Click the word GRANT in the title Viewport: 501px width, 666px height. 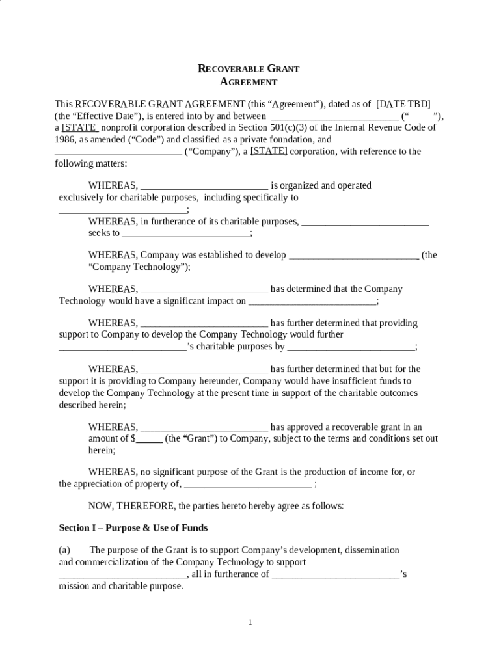click(x=283, y=68)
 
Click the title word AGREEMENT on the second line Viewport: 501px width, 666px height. click(x=249, y=82)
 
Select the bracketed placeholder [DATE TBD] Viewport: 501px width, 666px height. click(x=403, y=104)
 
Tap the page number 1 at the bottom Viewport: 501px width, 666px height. click(x=250, y=622)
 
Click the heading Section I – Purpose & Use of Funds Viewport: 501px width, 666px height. click(x=133, y=527)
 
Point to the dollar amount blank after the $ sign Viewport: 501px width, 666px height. click(x=149, y=439)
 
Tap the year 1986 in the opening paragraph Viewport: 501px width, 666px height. click(x=64, y=139)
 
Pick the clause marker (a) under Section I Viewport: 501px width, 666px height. click(x=65, y=550)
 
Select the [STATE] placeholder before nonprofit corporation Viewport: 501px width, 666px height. click(x=80, y=127)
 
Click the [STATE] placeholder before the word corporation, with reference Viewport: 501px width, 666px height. click(x=269, y=151)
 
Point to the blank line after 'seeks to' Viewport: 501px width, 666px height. click(x=185, y=233)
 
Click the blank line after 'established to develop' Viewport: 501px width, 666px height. click(x=353, y=256)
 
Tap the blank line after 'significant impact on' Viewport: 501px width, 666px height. click(x=312, y=301)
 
